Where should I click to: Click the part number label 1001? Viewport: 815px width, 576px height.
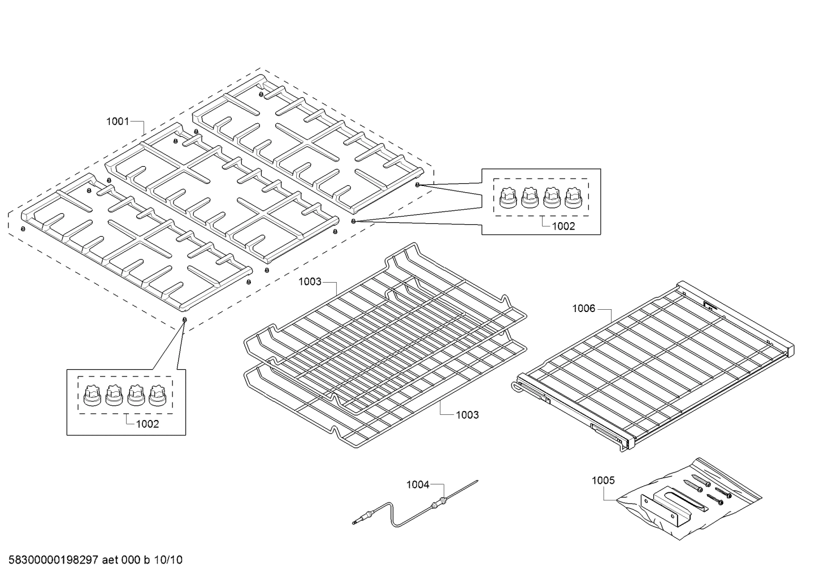tap(118, 121)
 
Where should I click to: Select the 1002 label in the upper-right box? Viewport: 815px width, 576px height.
tap(563, 226)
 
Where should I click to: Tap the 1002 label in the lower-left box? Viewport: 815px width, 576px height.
tap(148, 424)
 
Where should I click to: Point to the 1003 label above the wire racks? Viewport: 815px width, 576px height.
tap(310, 281)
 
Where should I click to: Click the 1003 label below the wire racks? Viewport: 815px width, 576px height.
tap(467, 415)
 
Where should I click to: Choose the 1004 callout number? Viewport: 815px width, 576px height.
tap(418, 484)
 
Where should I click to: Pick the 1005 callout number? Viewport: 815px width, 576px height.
tap(603, 480)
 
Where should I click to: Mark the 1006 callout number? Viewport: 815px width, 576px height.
tap(583, 308)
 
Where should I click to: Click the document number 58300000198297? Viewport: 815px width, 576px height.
tap(50, 560)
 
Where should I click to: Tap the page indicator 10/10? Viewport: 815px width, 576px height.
tap(169, 560)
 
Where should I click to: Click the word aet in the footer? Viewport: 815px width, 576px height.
tap(111, 560)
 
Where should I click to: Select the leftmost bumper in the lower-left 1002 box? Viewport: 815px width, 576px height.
tap(91, 395)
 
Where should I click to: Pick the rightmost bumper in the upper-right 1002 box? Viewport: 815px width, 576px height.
tap(573, 198)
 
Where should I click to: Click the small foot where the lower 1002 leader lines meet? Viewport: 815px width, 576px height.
tap(184, 320)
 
